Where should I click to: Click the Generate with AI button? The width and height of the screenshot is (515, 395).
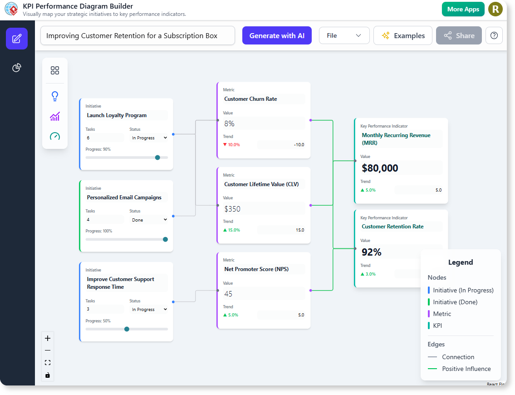[277, 35]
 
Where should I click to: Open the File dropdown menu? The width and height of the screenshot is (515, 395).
[344, 35]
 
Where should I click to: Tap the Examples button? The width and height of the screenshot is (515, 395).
[402, 35]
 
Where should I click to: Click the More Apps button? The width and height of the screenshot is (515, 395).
[463, 9]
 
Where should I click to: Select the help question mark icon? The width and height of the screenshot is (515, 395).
[494, 35]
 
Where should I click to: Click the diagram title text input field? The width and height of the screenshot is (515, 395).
[137, 35]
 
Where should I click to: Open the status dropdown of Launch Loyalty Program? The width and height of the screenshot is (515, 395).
[149, 138]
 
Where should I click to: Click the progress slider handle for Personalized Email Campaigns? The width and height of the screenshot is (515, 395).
[165, 239]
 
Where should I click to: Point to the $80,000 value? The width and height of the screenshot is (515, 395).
[380, 168]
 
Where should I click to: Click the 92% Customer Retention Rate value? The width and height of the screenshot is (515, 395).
[372, 252]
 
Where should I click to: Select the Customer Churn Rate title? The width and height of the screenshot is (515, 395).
[250, 99]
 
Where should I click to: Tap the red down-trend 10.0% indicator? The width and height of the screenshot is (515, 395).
[231, 145]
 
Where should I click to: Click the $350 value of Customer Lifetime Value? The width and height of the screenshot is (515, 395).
[232, 209]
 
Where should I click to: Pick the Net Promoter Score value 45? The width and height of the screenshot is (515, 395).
[228, 294]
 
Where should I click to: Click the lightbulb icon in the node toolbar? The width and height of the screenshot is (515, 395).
[55, 96]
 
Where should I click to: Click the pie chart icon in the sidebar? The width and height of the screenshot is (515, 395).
[17, 68]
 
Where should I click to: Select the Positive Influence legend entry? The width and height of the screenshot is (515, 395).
[466, 369]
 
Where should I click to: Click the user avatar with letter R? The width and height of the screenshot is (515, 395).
[495, 9]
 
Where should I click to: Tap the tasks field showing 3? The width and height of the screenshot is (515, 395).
[104, 309]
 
